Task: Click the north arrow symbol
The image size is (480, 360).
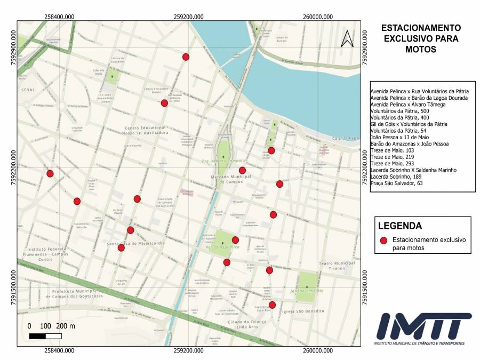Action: tap(347, 38)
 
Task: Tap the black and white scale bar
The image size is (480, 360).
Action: tap(45, 336)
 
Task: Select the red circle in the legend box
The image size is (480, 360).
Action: tap(383, 241)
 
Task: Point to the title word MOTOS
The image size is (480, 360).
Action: tap(421, 50)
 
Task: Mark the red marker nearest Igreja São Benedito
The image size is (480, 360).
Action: tap(272, 305)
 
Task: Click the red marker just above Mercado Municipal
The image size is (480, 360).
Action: tap(242, 171)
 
